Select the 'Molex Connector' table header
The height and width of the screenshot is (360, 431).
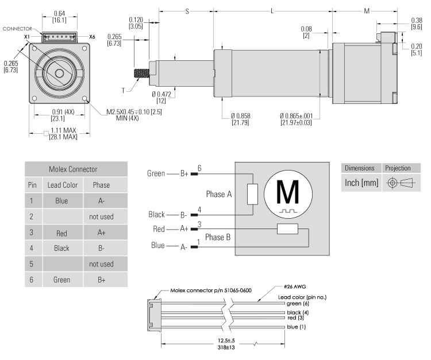(76, 169)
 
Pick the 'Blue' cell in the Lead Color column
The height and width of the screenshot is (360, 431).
(62, 202)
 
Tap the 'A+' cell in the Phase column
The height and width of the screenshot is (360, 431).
(101, 233)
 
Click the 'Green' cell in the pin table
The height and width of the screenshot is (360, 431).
(62, 280)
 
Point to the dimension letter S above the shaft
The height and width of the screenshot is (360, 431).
(187, 11)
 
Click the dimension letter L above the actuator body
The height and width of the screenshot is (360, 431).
(272, 11)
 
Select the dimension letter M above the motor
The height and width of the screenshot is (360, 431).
(366, 11)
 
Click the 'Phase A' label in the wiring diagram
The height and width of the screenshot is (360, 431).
(220, 194)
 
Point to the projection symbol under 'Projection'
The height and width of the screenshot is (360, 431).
(398, 183)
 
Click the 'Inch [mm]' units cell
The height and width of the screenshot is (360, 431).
(360, 183)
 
